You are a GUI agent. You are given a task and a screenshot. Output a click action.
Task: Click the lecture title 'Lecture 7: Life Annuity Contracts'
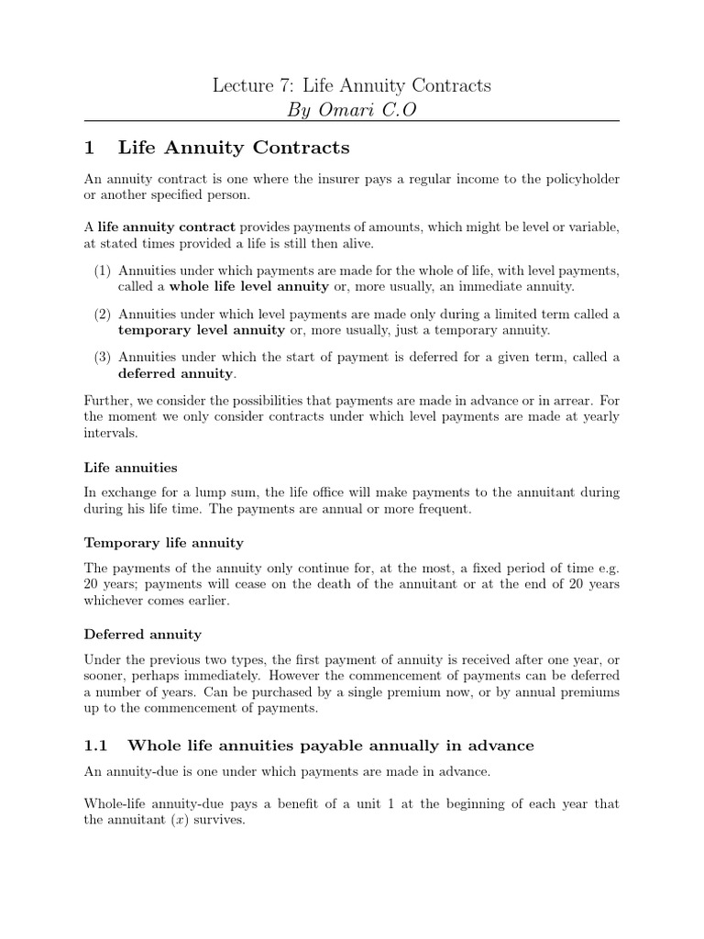pyautogui.click(x=352, y=85)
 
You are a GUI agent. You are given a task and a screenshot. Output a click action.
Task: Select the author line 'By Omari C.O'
pyautogui.click(x=352, y=110)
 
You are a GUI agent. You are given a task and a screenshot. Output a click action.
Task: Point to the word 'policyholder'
pyautogui.click(x=574, y=180)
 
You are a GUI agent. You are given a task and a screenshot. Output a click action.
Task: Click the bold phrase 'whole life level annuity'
pyautogui.click(x=248, y=286)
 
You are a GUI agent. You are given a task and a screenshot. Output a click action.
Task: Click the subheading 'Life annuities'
pyautogui.click(x=131, y=468)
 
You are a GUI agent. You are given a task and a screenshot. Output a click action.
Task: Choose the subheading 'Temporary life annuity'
pyautogui.click(x=164, y=543)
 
